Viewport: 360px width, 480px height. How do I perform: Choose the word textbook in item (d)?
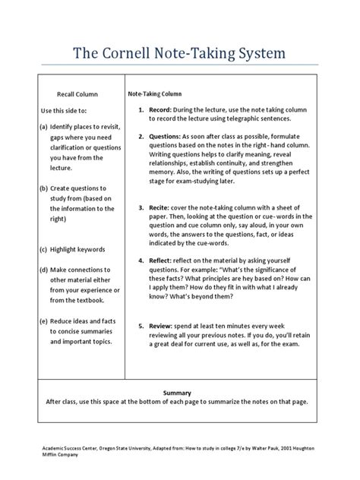[x=94, y=301]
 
